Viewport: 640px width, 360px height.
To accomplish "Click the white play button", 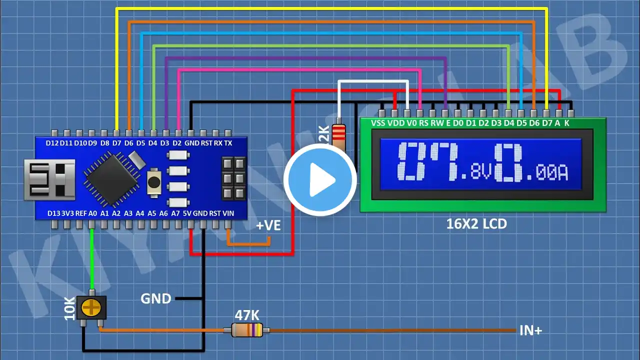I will pyautogui.click(x=320, y=180).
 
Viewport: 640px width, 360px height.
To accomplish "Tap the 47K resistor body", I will pyautogui.click(x=247, y=329).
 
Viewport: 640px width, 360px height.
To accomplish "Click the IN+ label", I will pyautogui.click(x=531, y=330).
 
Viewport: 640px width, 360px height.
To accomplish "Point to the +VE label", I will pyautogui.click(x=268, y=225).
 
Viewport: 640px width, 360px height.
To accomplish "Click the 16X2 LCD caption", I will pyautogui.click(x=476, y=224).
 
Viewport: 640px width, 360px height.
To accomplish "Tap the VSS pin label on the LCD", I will pyautogui.click(x=379, y=123).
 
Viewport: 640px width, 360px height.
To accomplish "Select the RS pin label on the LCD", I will pyautogui.click(x=423, y=123).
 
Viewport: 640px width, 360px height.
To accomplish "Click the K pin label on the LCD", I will pyautogui.click(x=566, y=123).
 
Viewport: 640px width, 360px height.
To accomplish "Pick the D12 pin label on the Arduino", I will pyautogui.click(x=52, y=143).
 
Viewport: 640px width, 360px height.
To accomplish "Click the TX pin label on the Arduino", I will pyautogui.click(x=228, y=143).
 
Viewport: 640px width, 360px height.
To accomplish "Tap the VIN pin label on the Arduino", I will pyautogui.click(x=228, y=213).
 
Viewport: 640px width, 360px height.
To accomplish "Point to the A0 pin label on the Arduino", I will pyautogui.click(x=92, y=213).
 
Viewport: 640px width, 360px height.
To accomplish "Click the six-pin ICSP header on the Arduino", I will pyautogui.click(x=233, y=178).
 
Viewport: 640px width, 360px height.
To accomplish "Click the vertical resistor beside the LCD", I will pyautogui.click(x=338, y=135).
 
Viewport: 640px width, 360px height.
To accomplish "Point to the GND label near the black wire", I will pyautogui.click(x=155, y=299).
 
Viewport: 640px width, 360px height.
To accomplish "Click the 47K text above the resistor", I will pyautogui.click(x=247, y=315).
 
